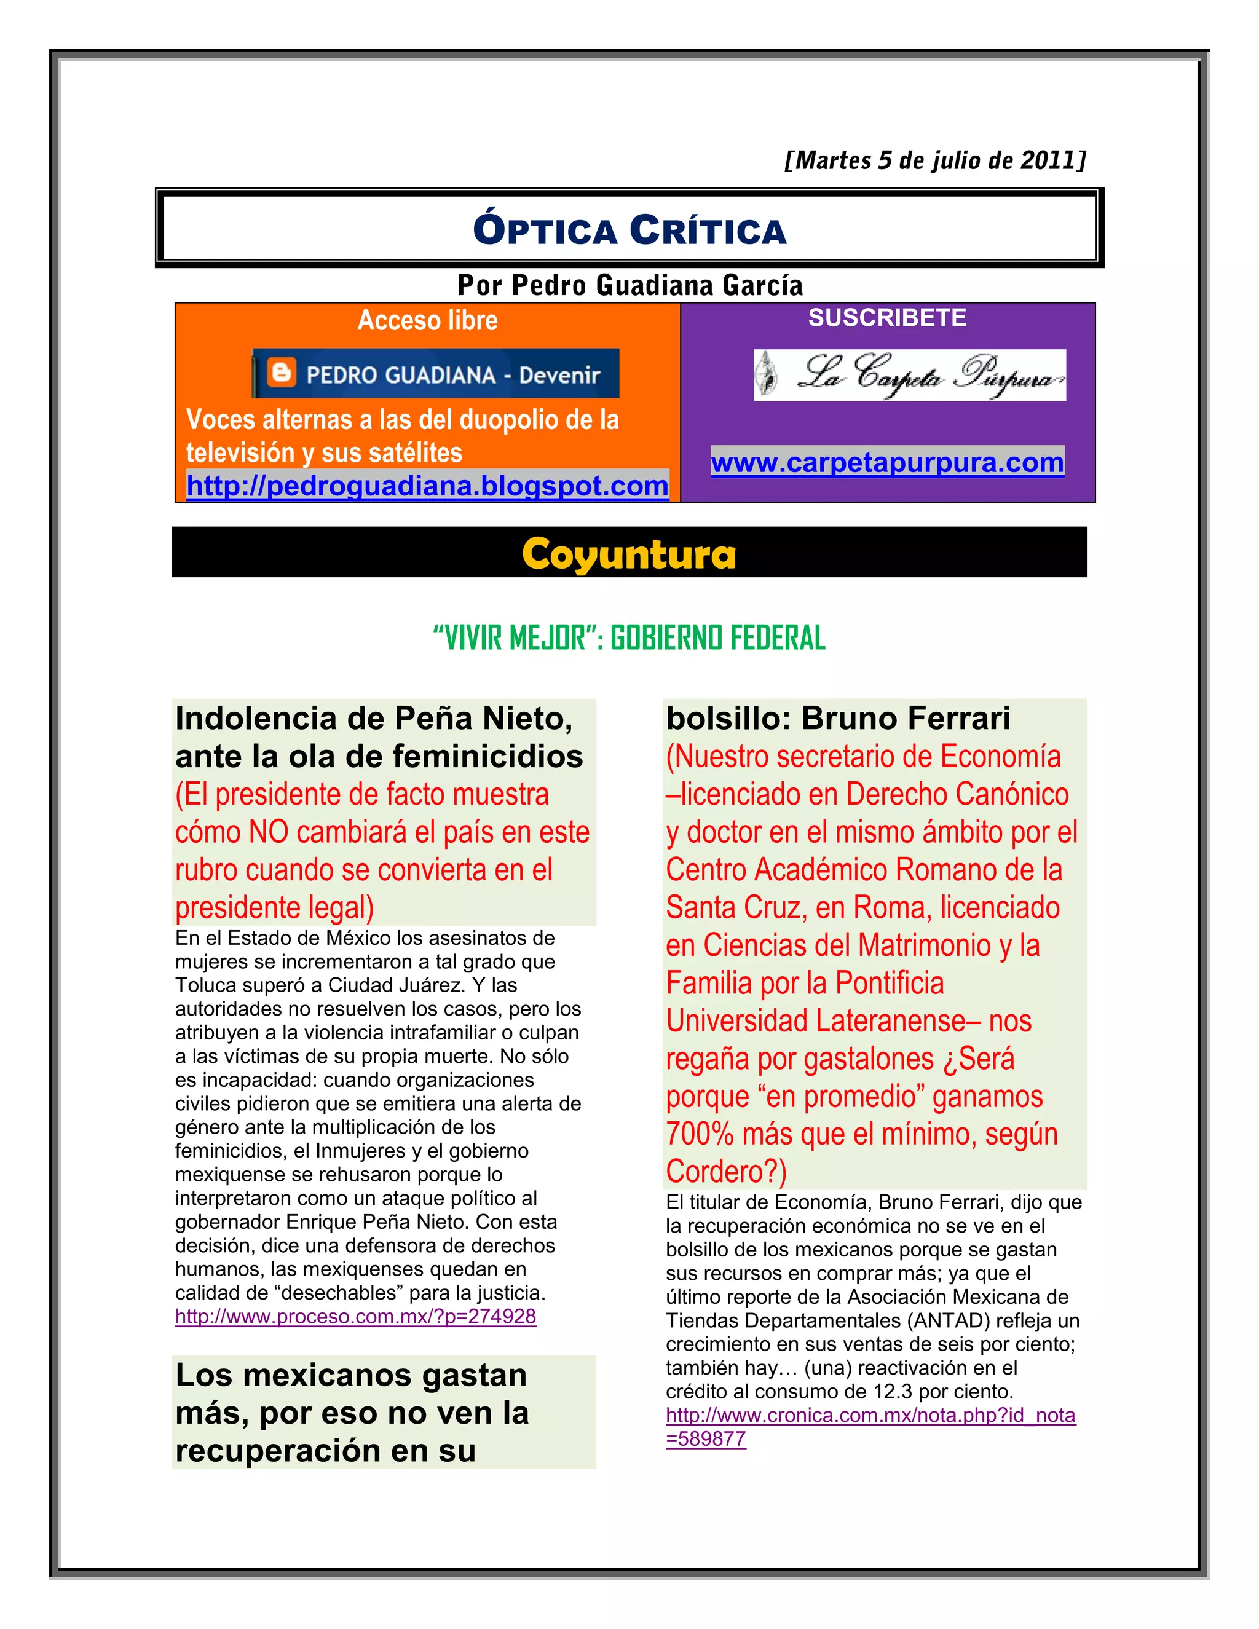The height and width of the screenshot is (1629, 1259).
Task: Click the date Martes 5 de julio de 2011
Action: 935,160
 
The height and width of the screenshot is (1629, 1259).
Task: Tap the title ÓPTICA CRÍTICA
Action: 629,230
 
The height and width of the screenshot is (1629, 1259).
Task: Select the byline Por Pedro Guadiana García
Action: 629,285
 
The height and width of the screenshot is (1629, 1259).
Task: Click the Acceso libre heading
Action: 427,320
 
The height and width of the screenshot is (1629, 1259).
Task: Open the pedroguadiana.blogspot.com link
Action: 427,486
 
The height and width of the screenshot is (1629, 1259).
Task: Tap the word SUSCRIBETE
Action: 887,318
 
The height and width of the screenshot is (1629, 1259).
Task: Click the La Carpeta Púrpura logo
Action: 909,374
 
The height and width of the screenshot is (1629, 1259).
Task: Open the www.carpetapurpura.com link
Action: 887,462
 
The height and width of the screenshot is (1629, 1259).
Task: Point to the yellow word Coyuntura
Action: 629,554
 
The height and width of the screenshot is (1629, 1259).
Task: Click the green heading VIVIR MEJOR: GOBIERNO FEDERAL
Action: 629,637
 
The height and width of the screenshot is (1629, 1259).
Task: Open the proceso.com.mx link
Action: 356,1317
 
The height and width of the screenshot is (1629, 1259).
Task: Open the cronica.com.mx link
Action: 870,1416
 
